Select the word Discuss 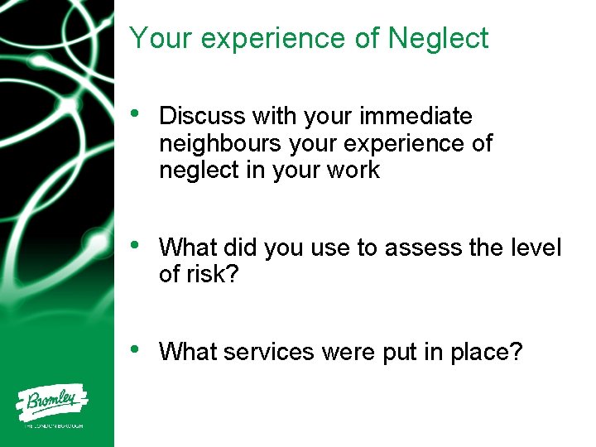point(203,117)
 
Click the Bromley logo point(54,403)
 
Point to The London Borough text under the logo point(54,426)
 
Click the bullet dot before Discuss point(137,115)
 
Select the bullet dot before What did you point(137,246)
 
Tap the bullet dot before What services point(137,350)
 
